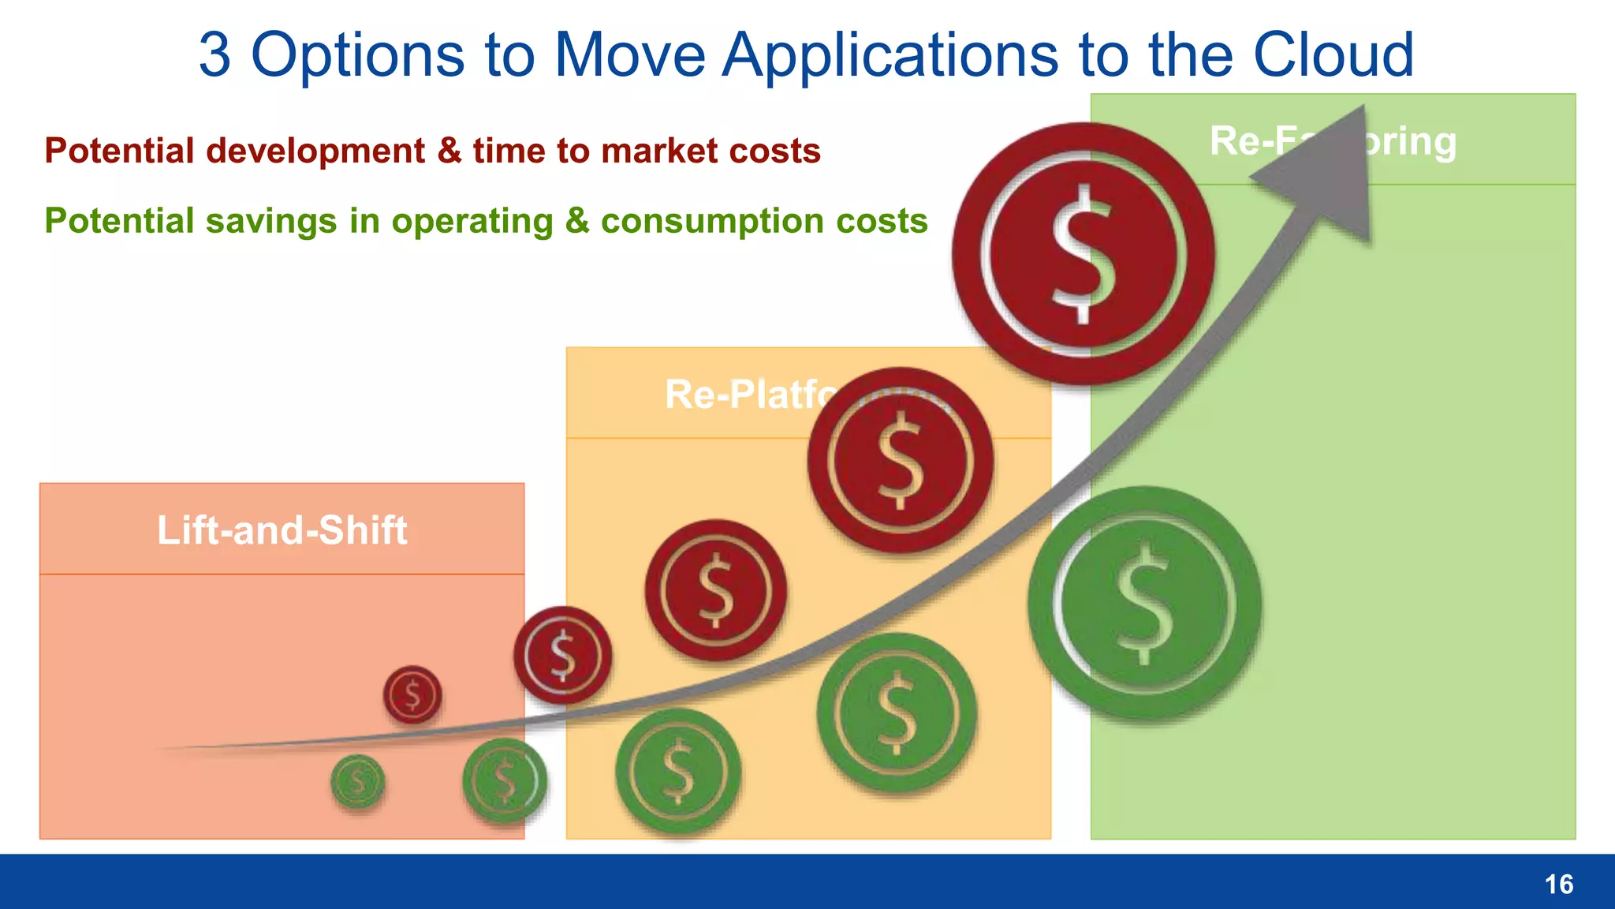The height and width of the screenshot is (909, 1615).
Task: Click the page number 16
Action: click(x=1558, y=885)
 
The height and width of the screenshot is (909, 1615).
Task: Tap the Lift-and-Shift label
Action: click(x=282, y=530)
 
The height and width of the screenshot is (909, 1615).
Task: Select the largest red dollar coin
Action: click(x=1083, y=254)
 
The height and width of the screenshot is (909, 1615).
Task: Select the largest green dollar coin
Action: click(x=1144, y=604)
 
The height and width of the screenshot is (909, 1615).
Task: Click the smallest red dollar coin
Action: click(x=412, y=695)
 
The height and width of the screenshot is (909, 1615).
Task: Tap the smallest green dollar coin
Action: click(x=357, y=782)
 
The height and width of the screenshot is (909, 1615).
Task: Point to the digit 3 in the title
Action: click(x=214, y=55)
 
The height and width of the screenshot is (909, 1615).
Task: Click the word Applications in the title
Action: click(x=890, y=55)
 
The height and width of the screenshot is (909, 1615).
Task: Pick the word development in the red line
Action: click(x=315, y=151)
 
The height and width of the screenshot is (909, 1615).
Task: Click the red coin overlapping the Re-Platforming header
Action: click(x=900, y=460)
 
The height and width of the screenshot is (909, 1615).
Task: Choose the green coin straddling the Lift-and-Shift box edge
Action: click(x=504, y=780)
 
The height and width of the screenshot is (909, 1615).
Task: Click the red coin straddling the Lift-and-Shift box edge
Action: click(x=562, y=655)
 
